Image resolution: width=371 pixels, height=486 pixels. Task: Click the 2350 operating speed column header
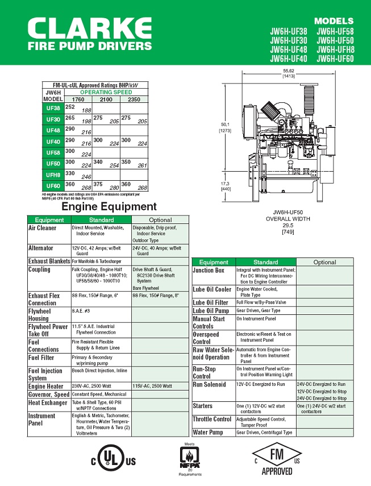[134, 99]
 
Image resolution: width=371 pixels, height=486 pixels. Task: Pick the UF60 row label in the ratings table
[53, 186]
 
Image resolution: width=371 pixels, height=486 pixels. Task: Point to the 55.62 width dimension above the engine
[289, 71]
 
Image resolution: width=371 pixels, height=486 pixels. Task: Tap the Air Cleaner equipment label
[43, 228]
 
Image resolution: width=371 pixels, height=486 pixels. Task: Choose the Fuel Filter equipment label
[41, 358]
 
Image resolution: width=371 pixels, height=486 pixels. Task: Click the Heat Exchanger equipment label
[48, 403]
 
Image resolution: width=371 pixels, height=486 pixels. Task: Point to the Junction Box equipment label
[209, 271]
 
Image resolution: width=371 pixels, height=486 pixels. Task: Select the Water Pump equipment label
[208, 433]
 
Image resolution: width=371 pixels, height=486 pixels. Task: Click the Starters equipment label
[203, 406]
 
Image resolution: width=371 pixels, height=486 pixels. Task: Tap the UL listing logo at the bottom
[114, 460]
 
